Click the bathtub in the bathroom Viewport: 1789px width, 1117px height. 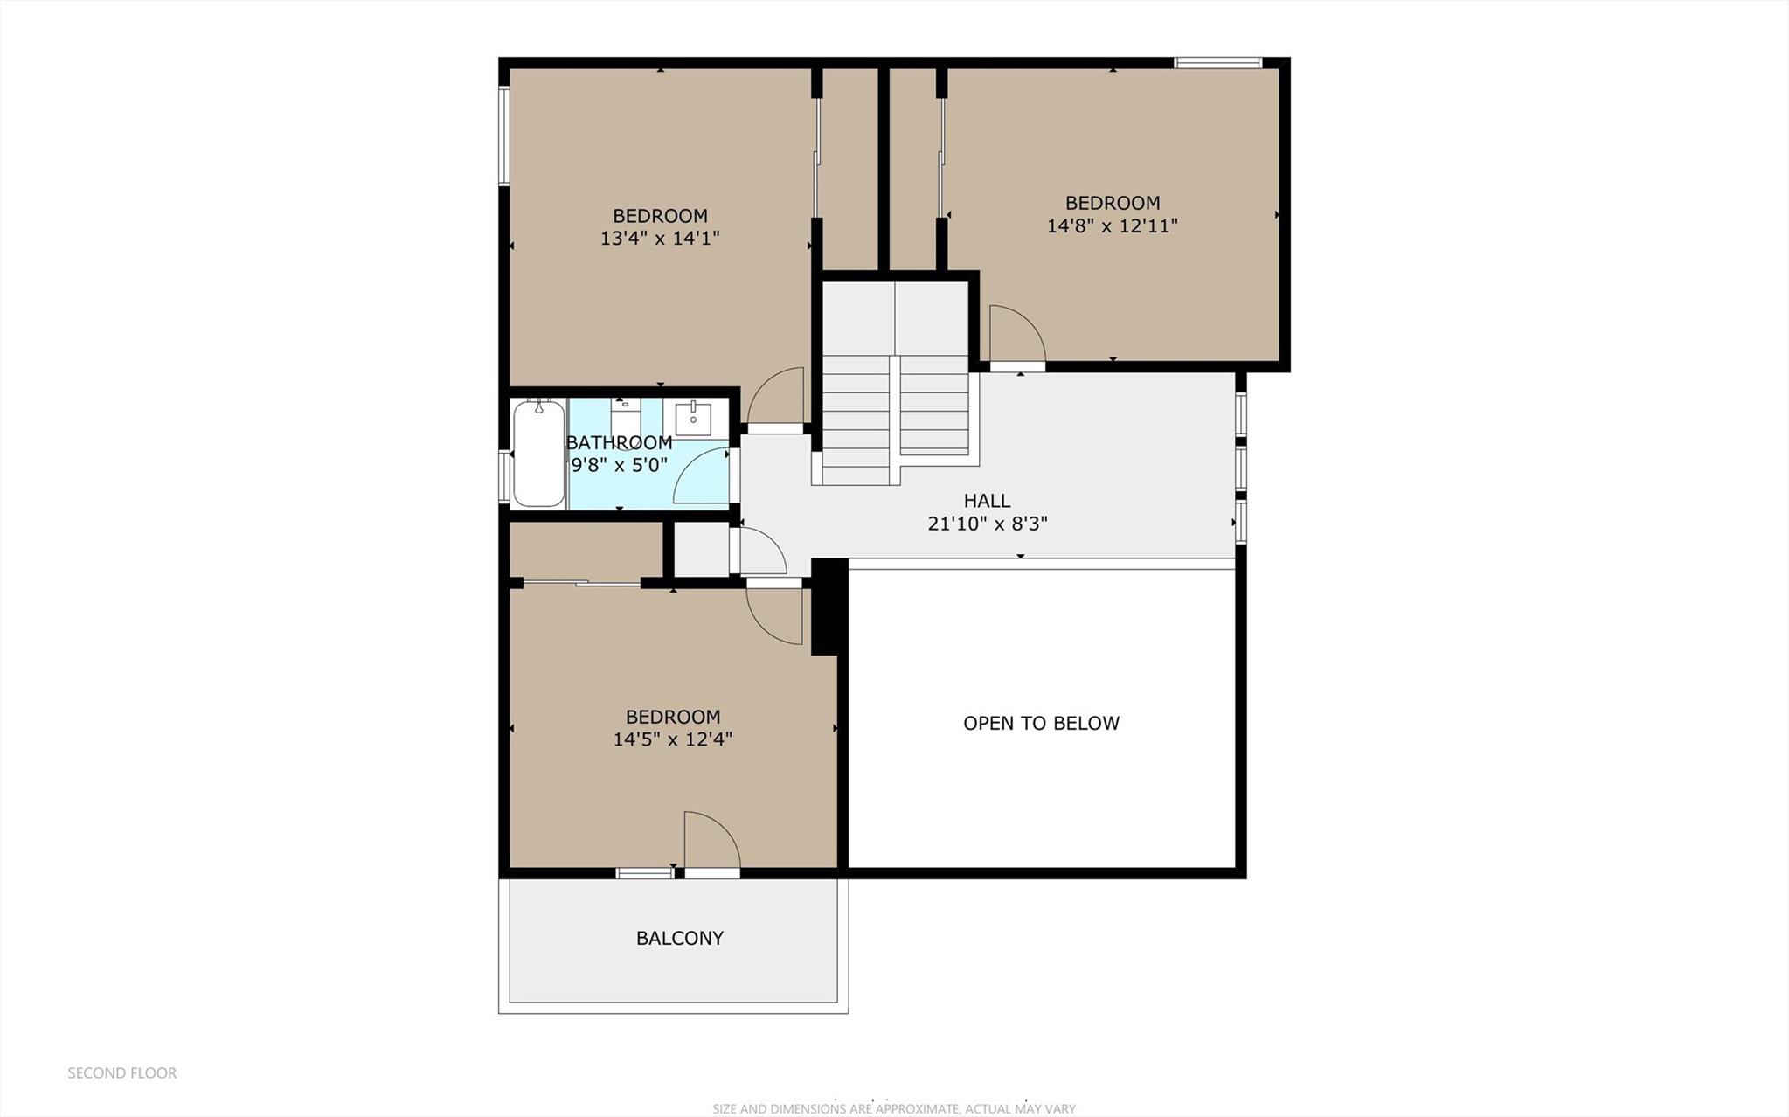[538, 453]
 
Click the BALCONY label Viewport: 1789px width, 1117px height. [679, 938]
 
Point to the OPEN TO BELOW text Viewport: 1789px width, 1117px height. [1041, 723]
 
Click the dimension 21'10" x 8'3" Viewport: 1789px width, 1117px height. [987, 524]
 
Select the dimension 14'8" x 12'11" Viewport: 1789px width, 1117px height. [1112, 225]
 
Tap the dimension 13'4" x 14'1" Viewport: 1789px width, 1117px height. [660, 238]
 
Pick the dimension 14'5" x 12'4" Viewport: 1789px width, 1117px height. [672, 739]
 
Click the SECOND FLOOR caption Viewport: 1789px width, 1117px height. [122, 1072]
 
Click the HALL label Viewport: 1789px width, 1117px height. [987, 501]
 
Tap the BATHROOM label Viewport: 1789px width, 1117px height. [619, 442]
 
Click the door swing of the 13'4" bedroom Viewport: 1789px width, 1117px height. [777, 398]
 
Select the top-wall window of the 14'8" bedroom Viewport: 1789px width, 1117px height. [1217, 62]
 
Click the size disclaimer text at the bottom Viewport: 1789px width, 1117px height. [893, 1108]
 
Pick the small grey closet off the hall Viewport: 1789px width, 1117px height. [702, 549]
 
